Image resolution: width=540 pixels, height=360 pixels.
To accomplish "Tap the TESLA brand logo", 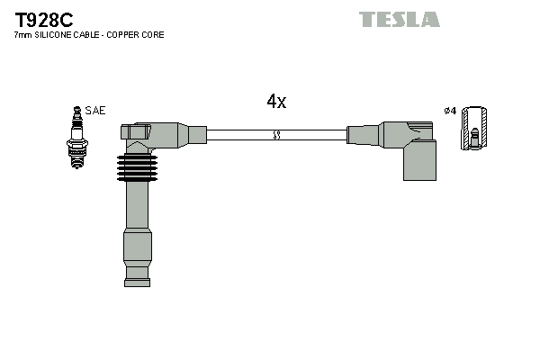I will point(400,19).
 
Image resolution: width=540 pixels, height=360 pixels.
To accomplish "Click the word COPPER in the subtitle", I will point(121,35).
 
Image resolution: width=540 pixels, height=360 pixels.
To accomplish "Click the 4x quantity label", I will point(276,102).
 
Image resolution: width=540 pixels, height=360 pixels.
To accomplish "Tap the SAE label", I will point(96,111).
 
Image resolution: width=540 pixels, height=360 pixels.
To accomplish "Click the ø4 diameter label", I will point(451,111).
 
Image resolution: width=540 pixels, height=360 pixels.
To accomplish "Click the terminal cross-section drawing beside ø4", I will point(474,128).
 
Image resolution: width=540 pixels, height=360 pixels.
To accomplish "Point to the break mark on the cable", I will point(277,135).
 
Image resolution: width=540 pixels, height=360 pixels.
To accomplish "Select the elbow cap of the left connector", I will point(137,133).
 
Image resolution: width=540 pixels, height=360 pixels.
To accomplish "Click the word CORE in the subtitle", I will point(153,35).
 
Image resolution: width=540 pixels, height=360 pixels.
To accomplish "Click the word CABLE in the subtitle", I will point(86,35).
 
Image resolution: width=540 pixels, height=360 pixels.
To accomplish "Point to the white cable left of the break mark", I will point(238,135).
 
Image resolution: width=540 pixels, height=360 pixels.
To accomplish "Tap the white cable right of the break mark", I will point(313,135).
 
